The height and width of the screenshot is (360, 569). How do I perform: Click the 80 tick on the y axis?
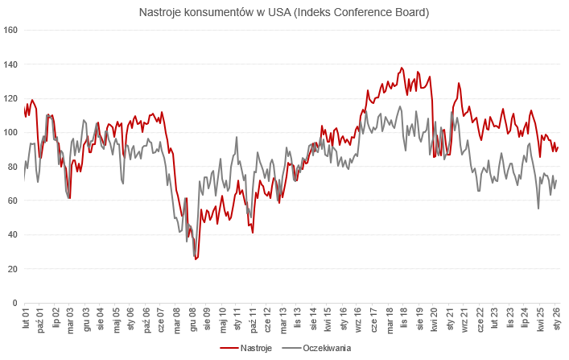(x=13, y=167)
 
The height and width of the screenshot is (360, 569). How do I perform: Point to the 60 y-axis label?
(x=13, y=201)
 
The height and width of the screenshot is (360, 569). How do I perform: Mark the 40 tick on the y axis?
(x=13, y=235)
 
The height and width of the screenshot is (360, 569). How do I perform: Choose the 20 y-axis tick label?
(x=13, y=269)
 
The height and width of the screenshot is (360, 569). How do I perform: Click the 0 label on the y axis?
(x=15, y=303)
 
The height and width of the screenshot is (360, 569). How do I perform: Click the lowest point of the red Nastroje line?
(x=196, y=259)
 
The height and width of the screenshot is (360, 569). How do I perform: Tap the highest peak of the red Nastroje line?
(x=402, y=68)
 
